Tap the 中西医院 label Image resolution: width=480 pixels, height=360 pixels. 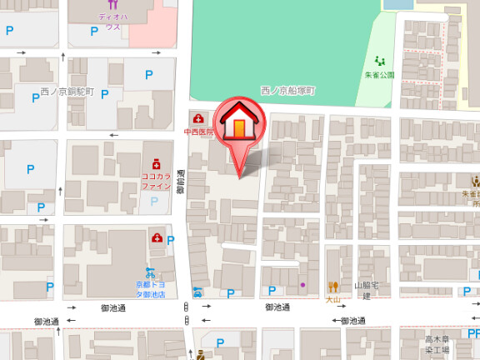[x=199, y=132]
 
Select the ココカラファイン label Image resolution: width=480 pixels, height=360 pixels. [x=155, y=181]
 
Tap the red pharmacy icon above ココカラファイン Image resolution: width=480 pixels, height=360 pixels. [x=155, y=163]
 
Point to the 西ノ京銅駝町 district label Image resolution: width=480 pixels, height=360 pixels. [x=68, y=91]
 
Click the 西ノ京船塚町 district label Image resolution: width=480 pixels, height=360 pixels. [x=288, y=90]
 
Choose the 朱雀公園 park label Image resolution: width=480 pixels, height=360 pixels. [x=380, y=75]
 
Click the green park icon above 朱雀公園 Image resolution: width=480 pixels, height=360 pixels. [x=380, y=60]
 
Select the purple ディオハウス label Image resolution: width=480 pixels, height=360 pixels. [x=112, y=21]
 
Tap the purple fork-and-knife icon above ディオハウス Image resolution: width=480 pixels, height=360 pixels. [x=112, y=5]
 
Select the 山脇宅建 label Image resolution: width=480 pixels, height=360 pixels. [x=367, y=290]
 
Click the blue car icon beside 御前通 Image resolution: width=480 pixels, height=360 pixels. [x=197, y=292]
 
